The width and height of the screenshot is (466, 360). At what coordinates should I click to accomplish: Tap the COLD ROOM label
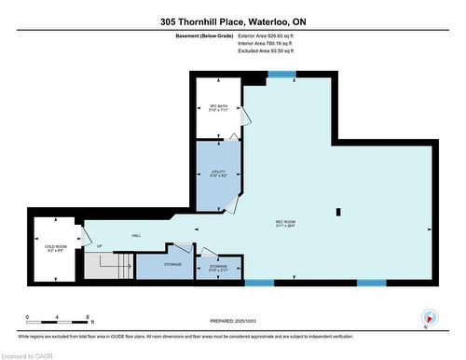(x=55, y=247)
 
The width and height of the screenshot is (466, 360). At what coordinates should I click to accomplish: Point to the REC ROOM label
(x=285, y=223)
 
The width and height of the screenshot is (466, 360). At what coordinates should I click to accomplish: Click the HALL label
(x=135, y=236)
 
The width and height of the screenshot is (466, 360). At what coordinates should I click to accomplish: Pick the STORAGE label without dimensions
(x=171, y=265)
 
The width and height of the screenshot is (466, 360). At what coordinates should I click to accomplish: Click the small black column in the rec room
(x=338, y=210)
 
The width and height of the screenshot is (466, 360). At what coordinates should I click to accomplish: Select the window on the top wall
(x=281, y=75)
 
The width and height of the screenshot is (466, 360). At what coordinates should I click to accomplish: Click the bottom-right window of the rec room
(x=370, y=282)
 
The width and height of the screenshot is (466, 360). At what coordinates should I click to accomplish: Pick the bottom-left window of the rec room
(x=260, y=282)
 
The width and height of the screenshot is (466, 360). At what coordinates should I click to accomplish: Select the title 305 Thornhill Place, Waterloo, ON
(x=232, y=21)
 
